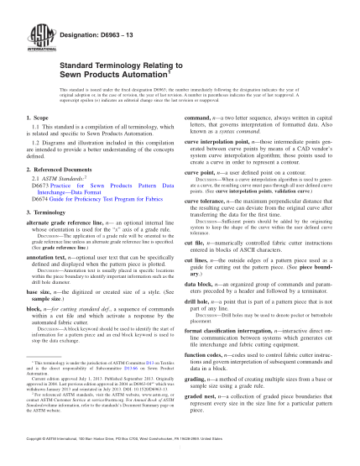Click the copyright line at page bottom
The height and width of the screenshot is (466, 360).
point(180,439)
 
